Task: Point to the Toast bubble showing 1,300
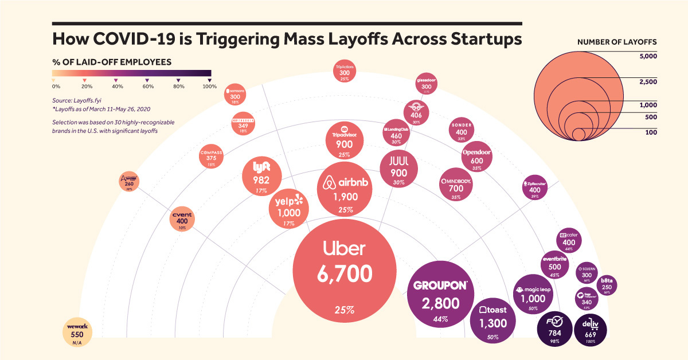492,318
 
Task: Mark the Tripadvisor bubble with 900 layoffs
343,140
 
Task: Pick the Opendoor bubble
476,156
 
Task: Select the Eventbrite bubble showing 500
554,264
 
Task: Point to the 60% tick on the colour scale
148,86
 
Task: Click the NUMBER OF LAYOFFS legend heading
617,42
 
